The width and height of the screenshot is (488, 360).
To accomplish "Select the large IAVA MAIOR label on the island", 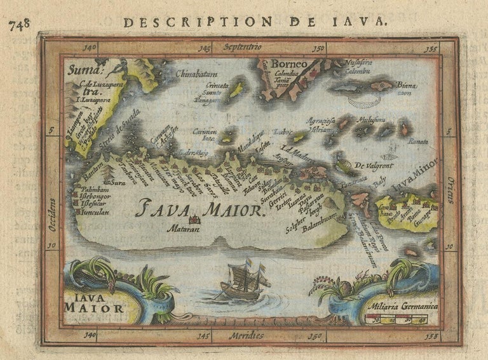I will pos(199,208).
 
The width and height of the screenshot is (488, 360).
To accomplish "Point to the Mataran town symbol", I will pos(191,220).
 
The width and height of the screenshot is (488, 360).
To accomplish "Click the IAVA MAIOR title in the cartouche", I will pos(93,303).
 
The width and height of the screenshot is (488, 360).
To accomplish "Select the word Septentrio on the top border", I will pos(242,48).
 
